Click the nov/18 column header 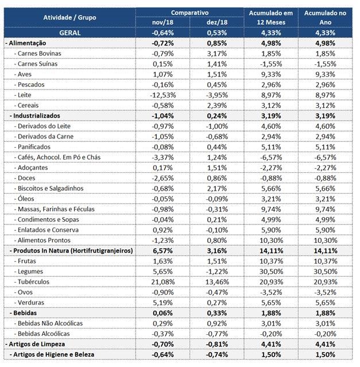[162, 22]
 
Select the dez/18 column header [217, 22]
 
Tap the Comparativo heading [189, 13]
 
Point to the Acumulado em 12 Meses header [271, 18]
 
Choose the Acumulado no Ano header [325, 18]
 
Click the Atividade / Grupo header [69, 17]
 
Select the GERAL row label [69, 33]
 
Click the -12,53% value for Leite [162, 95]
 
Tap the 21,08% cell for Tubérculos [162, 282]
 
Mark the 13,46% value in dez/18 [217, 282]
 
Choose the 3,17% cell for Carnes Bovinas [217, 53]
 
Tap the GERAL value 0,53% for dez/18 [217, 33]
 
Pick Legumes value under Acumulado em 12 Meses [271, 272]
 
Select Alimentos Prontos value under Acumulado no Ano [325, 241]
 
